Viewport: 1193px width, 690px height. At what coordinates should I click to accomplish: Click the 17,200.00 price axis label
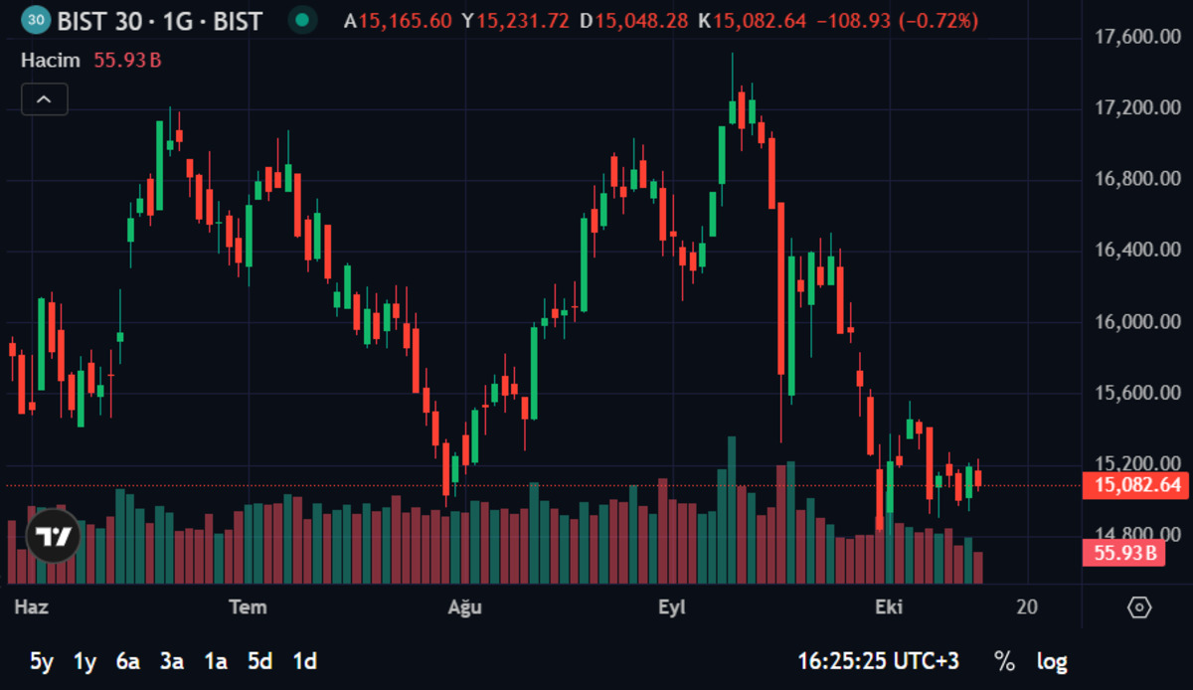[1137, 107]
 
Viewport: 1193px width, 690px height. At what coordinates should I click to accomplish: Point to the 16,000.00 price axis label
[1137, 322]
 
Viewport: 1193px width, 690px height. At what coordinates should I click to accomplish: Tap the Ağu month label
[465, 607]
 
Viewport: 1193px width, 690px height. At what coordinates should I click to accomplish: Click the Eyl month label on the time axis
[672, 607]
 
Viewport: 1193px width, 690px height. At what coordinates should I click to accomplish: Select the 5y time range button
[42, 662]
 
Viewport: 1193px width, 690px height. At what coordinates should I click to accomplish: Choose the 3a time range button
[172, 662]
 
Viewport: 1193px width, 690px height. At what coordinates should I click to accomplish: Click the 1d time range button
[304, 662]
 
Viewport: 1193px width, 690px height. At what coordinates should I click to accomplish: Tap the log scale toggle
[1052, 662]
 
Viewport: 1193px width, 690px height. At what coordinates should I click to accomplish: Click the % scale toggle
[1004, 661]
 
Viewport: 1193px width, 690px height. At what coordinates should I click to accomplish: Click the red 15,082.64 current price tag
[1135, 485]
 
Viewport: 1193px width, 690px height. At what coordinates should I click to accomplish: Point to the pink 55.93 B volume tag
[1123, 553]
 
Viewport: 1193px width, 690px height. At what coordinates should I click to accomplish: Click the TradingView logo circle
[54, 536]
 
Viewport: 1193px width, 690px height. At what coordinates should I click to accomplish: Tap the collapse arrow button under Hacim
[45, 99]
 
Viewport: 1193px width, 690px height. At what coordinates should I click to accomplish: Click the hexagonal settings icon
[1139, 607]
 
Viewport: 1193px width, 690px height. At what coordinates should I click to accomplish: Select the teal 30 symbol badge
[36, 20]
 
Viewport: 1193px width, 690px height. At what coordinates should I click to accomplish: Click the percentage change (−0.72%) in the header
[938, 21]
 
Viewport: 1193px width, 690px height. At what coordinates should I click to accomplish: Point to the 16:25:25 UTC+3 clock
[878, 661]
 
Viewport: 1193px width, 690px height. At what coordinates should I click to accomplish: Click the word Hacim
[51, 61]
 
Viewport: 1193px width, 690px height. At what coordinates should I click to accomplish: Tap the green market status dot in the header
[302, 20]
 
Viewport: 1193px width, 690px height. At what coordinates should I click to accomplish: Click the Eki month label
[889, 607]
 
